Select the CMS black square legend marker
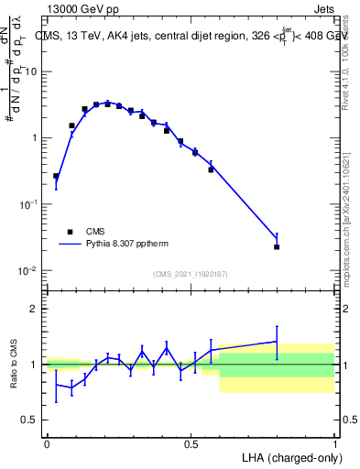pyautogui.click(x=70, y=233)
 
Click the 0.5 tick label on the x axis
pyautogui.click(x=191, y=443)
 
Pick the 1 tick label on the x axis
pyautogui.click(x=334, y=443)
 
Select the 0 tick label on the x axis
pyautogui.click(x=47, y=443)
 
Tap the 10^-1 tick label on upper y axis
pyautogui.click(x=31, y=204)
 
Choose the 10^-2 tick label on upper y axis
pyautogui.click(x=31, y=270)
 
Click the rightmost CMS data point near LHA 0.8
pyautogui.click(x=277, y=247)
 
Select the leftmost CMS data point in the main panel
pyautogui.click(x=56, y=176)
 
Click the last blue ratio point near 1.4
pyautogui.click(x=277, y=342)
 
